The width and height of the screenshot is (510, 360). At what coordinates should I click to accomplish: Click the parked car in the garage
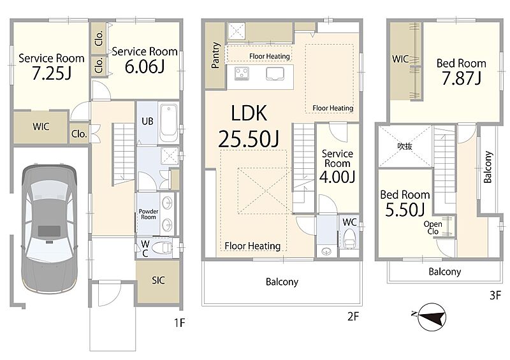coord(50,229)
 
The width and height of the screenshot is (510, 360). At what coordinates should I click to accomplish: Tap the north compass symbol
coord(432,317)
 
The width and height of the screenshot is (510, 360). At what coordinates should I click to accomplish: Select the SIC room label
coord(158,280)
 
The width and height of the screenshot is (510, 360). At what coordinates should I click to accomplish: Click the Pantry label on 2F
coord(215,55)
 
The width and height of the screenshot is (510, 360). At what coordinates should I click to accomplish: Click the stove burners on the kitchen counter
coord(242,73)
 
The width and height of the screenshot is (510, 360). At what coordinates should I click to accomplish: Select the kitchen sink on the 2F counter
coord(275,73)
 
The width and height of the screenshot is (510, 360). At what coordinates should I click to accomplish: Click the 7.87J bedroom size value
coord(461,78)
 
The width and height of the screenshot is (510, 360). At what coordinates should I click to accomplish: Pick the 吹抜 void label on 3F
coord(405,147)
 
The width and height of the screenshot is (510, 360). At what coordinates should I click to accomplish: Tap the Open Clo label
coord(433,227)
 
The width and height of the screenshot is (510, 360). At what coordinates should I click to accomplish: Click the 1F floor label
coord(179,322)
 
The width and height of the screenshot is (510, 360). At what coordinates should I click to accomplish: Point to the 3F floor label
coord(495,295)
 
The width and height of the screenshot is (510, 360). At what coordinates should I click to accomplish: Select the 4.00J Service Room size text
coord(337,176)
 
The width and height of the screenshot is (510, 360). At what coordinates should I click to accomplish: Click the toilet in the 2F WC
coord(349,239)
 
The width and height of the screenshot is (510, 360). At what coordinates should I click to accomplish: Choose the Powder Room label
coord(149,214)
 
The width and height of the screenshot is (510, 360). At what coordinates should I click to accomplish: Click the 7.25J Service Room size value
coord(52,73)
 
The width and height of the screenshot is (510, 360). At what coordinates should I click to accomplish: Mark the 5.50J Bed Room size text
coord(405,210)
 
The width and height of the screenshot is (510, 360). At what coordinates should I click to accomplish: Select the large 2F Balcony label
coord(282,282)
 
